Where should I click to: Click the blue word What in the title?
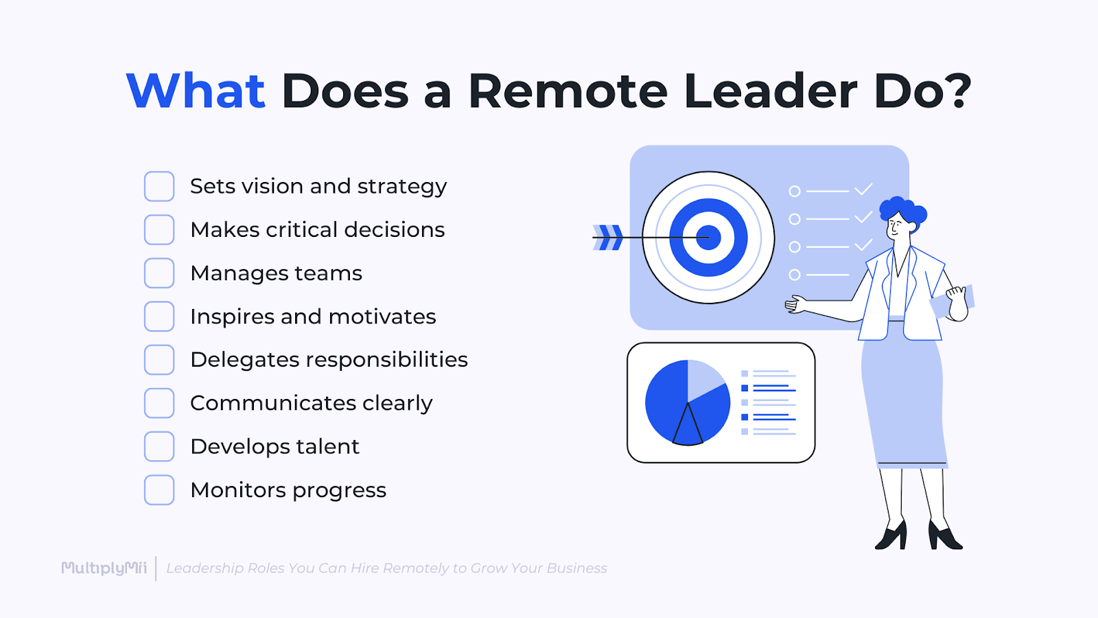(196, 91)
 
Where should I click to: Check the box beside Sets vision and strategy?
(159, 186)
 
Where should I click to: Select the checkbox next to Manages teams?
(159, 273)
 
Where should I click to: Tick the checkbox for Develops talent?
(159, 446)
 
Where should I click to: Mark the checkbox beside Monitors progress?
(159, 490)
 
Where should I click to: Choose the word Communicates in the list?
(272, 403)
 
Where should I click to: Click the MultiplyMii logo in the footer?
(104, 568)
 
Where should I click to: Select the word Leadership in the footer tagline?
(205, 568)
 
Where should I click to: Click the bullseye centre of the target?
(708, 238)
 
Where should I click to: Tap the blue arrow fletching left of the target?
(609, 238)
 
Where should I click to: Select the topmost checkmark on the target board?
(863, 189)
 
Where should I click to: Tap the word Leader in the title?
(770, 91)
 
